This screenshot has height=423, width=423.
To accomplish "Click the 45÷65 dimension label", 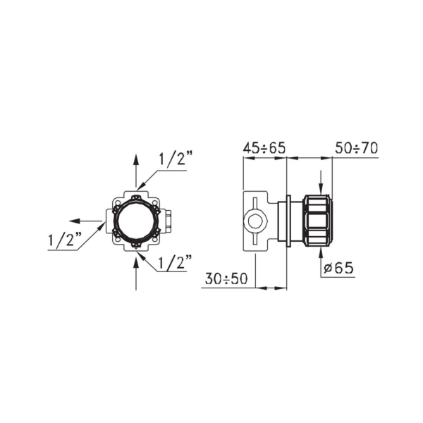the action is click(264, 148).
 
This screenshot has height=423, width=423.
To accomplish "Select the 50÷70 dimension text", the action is click(356, 148).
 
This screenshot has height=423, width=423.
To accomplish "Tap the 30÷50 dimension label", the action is click(226, 278).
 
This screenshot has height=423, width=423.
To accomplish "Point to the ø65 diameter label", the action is click(338, 268).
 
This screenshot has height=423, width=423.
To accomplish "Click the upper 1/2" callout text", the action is click(176, 159).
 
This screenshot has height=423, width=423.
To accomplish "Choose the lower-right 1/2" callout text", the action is click(175, 262).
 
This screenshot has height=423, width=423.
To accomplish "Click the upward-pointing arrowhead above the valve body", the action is click(136, 160).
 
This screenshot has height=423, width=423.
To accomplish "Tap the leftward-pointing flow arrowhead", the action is click(75, 221).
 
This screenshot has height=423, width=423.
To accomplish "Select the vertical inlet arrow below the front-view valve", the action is click(136, 273).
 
